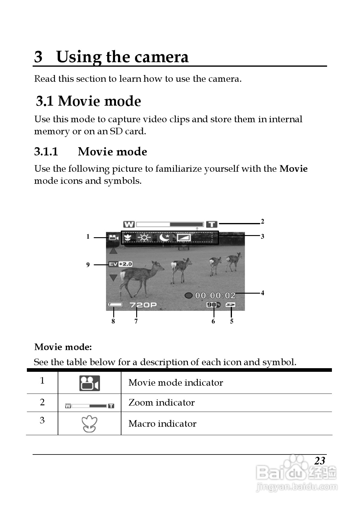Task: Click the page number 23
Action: point(320,461)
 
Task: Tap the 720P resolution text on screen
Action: point(143,305)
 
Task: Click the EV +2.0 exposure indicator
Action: point(120,264)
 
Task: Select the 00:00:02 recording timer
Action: point(215,295)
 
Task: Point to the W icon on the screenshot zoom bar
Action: point(129,224)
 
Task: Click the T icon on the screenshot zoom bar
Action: point(212,224)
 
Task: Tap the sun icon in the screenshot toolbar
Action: point(144,238)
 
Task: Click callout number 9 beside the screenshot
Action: point(88,265)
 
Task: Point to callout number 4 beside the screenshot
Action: point(262,293)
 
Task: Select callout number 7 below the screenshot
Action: point(136,321)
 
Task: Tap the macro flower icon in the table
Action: point(89,424)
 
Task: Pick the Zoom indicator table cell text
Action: point(162,403)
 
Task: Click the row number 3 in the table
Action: point(42,420)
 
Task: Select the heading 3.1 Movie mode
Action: point(88,101)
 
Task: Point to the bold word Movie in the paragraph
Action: point(293,168)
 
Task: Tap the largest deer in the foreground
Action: point(139,276)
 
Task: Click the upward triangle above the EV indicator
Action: point(113,250)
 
